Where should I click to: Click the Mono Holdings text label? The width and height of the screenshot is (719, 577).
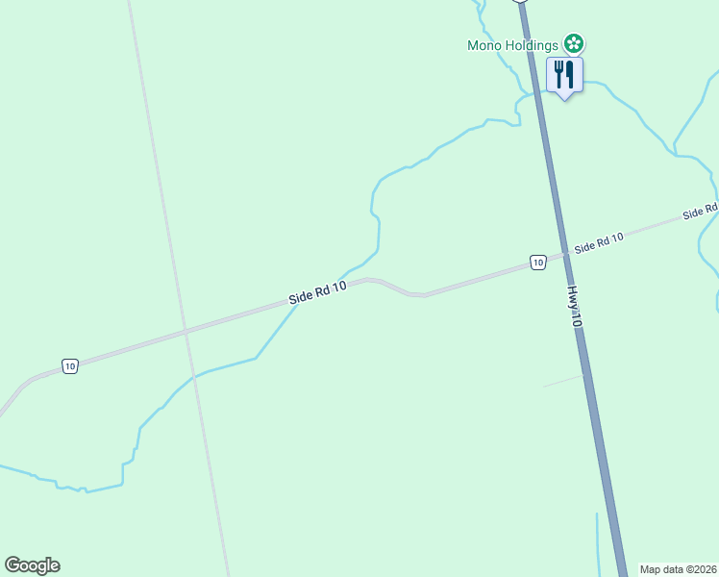tap(512, 44)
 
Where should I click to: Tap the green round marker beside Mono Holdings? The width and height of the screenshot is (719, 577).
tap(574, 43)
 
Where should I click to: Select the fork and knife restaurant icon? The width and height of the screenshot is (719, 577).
tap(564, 74)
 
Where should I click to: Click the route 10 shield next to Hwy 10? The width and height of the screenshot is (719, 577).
tap(537, 262)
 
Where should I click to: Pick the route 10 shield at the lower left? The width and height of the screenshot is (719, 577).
tap(69, 366)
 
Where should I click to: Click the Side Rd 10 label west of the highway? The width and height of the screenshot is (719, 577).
tap(317, 293)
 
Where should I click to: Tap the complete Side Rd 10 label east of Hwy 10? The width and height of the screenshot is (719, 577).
tap(600, 242)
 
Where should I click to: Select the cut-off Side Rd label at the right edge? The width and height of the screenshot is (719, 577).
tap(701, 211)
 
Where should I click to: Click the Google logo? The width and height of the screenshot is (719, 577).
tap(32, 565)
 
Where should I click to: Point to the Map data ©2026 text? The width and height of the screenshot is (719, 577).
tap(678, 569)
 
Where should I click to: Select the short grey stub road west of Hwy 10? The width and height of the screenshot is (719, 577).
tap(562, 381)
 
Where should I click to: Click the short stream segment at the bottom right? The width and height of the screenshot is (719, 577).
tap(598, 543)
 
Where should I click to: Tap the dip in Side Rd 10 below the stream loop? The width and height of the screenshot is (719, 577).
tap(415, 294)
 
